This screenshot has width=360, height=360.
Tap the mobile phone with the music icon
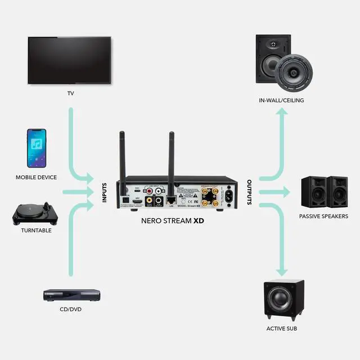coord(37,148)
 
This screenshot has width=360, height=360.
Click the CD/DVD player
coord(71,295)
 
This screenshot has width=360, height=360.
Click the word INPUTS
coord(104,192)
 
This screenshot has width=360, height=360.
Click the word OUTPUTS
coord(250,192)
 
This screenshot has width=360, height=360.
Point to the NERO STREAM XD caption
coord(172,221)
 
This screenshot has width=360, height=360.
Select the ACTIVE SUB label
coord(282,328)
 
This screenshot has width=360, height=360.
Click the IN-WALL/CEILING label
coord(281,101)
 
